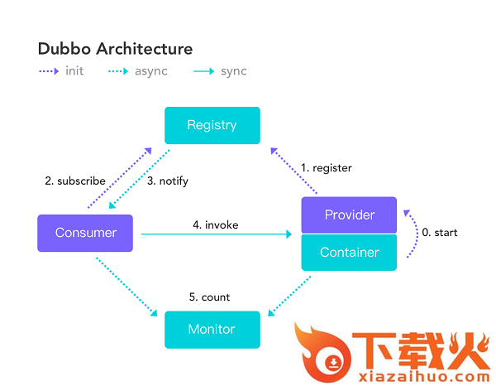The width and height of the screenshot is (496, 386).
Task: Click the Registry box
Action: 212,126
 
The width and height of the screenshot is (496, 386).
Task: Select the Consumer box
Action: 85,233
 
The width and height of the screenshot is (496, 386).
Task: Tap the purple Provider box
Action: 349,215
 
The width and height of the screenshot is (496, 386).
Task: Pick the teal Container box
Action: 349,253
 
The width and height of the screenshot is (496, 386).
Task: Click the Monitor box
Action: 212,330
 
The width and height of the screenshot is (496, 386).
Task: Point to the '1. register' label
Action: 326,168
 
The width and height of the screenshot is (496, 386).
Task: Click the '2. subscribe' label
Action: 75,181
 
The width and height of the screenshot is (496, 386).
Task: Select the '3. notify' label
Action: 168,181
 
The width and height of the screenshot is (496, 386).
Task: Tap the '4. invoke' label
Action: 216,224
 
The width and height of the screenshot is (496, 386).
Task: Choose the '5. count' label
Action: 209,297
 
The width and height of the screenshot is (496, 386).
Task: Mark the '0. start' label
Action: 439,233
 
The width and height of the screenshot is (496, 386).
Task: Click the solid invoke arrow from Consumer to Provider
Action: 217,235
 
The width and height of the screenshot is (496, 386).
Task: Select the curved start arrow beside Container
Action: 412,234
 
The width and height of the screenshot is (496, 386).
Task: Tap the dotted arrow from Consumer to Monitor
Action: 126,286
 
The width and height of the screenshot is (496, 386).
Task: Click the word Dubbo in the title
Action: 64,49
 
